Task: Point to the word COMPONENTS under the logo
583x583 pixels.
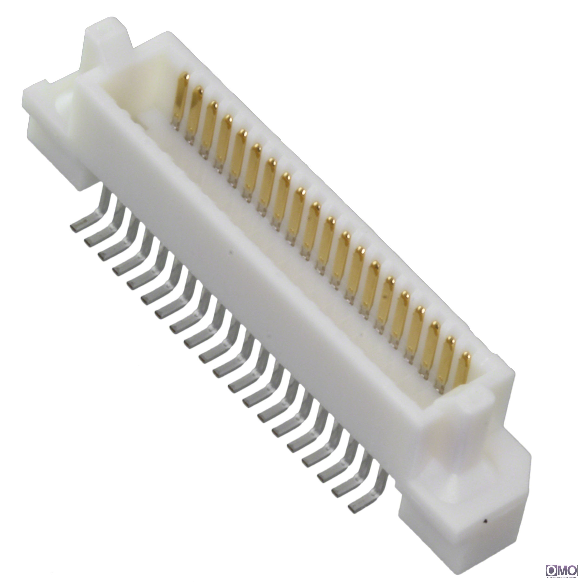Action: [x=569, y=578]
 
